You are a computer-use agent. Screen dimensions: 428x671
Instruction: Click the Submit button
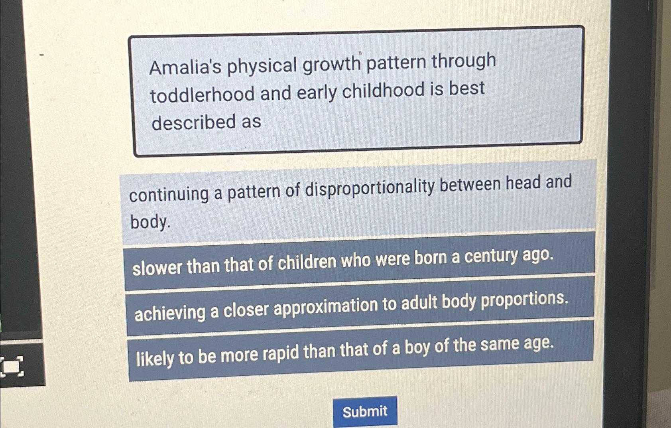pos(365,411)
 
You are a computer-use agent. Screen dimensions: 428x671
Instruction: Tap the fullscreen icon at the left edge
pos(12,366)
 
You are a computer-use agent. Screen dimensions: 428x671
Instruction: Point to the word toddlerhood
pos(202,95)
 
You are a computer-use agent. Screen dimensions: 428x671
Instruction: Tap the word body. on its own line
pos(150,222)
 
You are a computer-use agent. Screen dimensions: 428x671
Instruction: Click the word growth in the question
pos(332,63)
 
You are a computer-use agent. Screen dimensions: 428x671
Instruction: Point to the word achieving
pos(170,313)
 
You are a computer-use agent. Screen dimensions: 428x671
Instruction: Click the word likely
pos(155,358)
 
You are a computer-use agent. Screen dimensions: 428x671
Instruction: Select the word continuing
pos(169,194)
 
